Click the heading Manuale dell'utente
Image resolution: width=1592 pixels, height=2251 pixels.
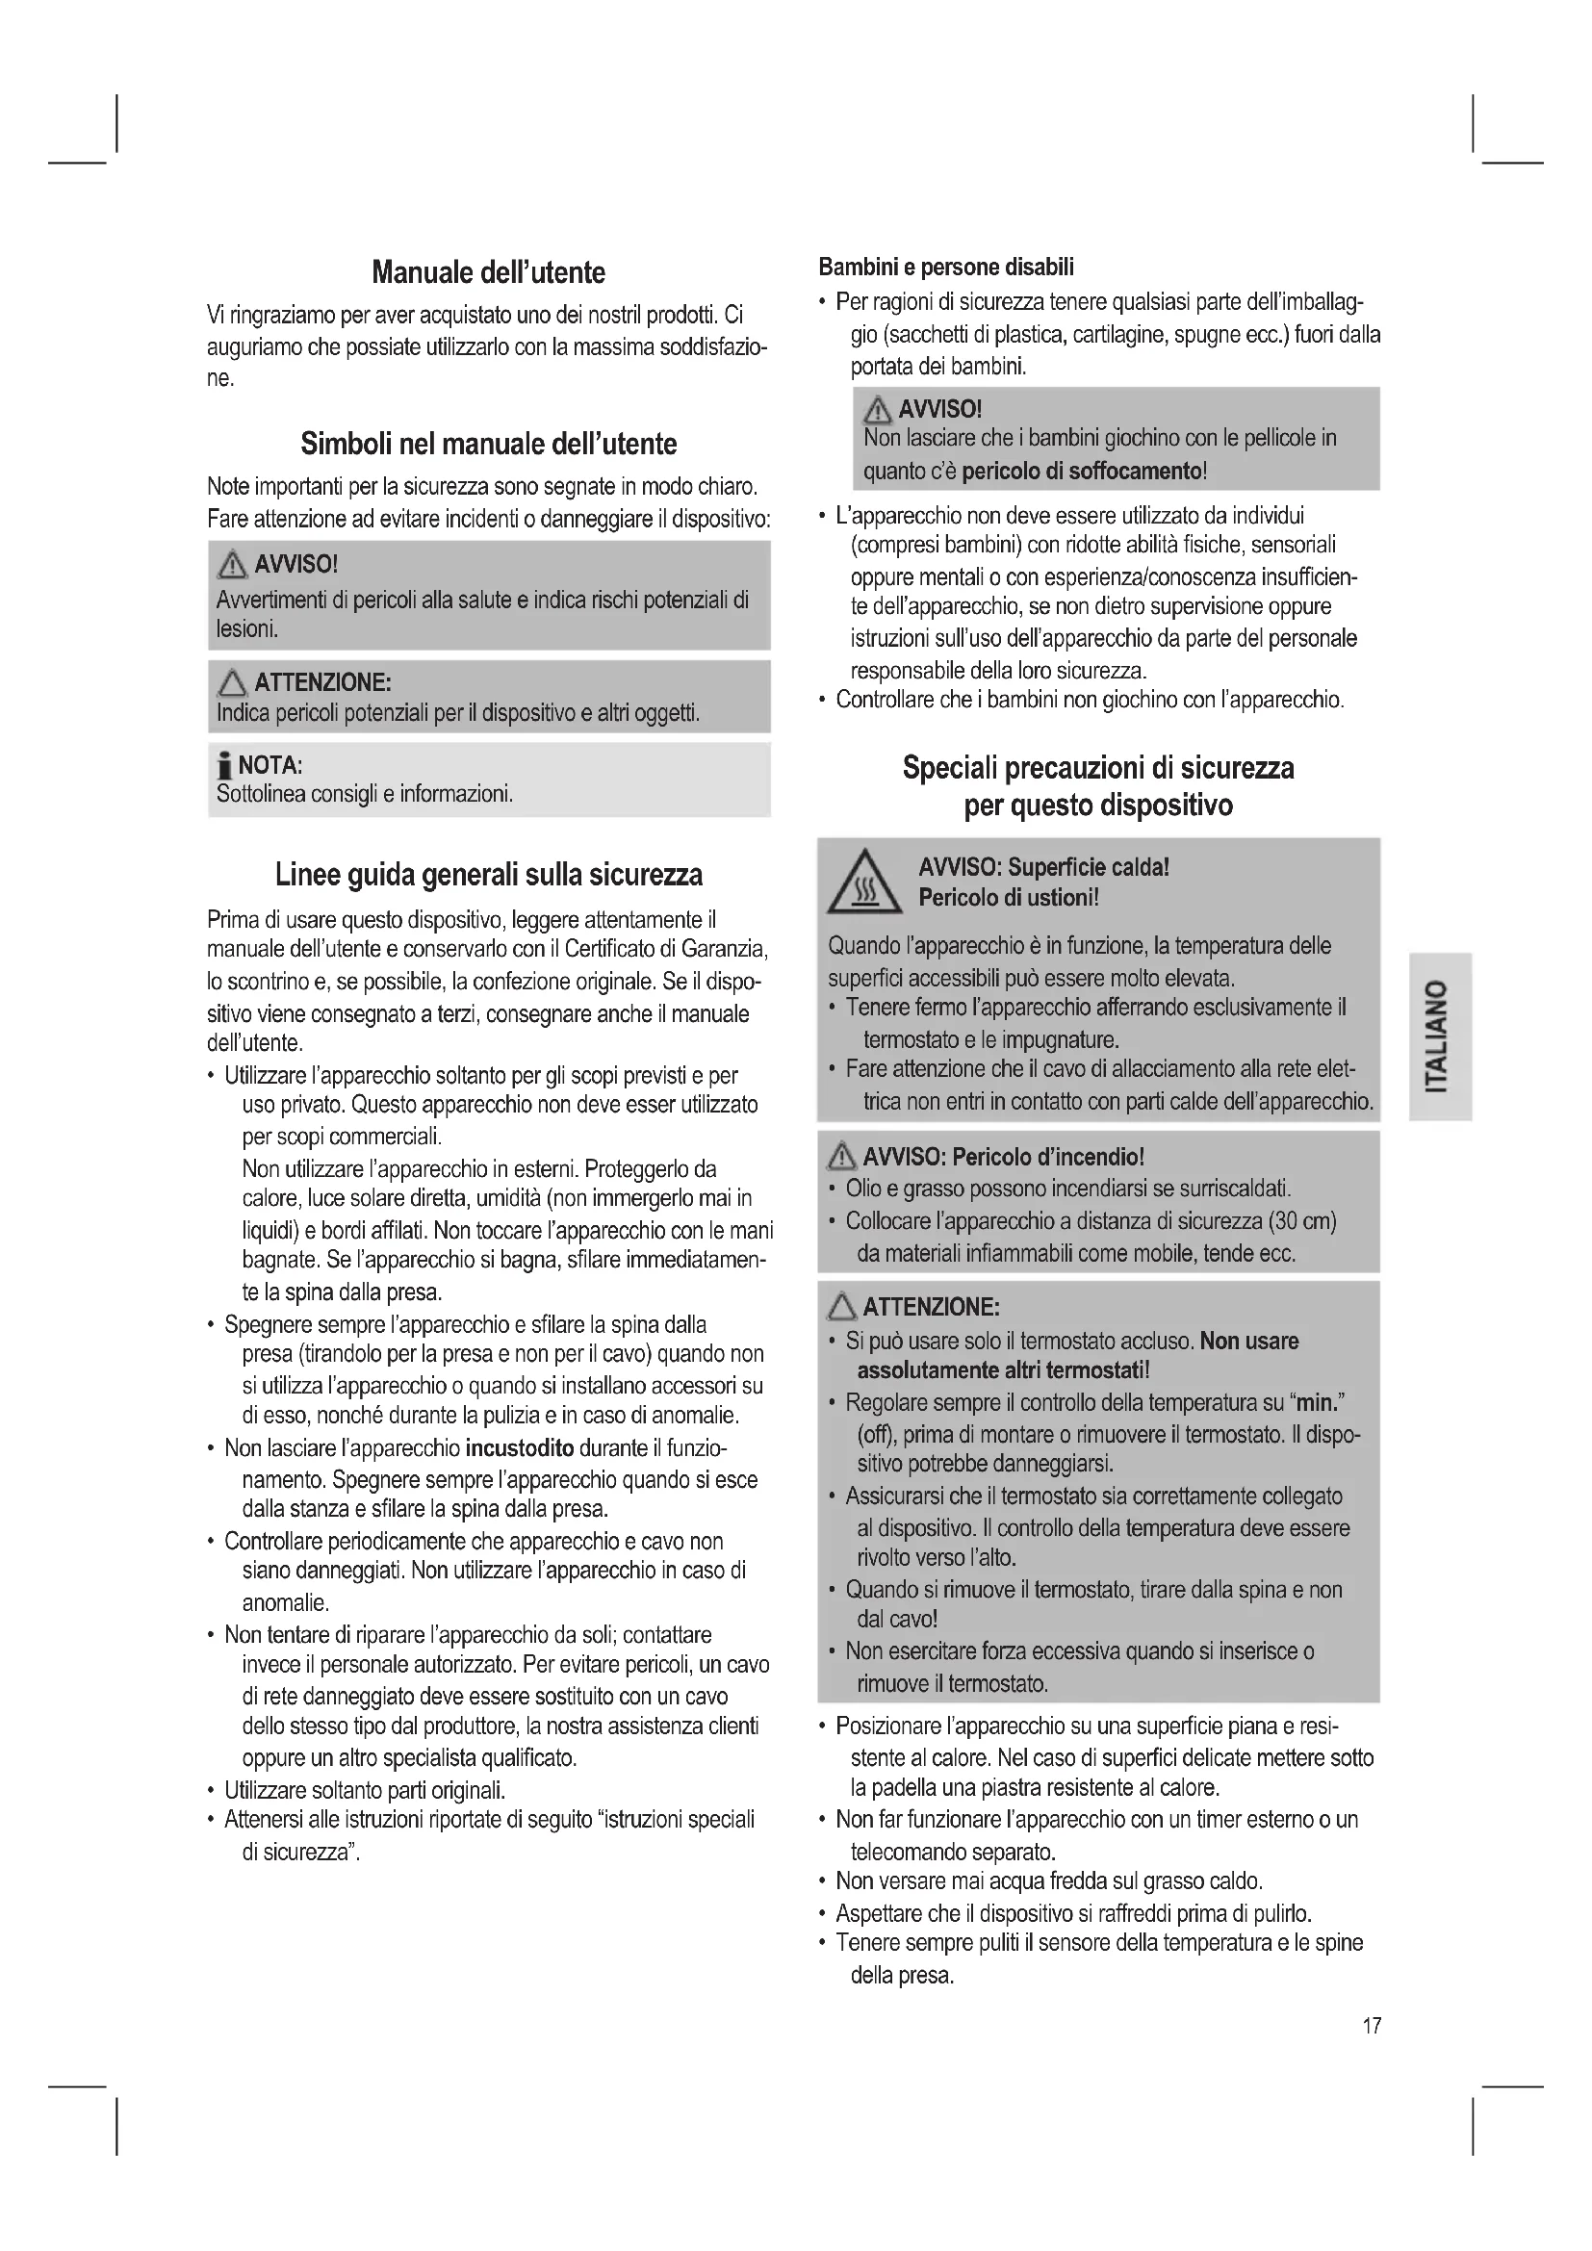coord(488,272)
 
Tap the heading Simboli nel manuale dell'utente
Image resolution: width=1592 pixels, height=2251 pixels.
coord(488,444)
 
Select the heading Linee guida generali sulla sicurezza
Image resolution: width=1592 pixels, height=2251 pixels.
coord(488,875)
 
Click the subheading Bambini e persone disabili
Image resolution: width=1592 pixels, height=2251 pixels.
coord(946,268)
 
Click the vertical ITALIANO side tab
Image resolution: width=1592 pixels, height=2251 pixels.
coord(1438,1036)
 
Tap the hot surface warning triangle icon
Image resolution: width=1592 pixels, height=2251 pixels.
coord(863,882)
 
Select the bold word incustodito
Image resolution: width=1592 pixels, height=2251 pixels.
coord(520,1448)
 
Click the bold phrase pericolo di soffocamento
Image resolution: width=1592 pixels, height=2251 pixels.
coord(1081,472)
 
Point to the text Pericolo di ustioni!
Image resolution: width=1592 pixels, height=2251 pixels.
coord(1008,898)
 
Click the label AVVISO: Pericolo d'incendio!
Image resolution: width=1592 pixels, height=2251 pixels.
coord(1003,1157)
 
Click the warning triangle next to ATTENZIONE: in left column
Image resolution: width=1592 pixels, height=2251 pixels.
coord(232,682)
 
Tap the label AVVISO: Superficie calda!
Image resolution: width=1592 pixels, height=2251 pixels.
coord(1043,868)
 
